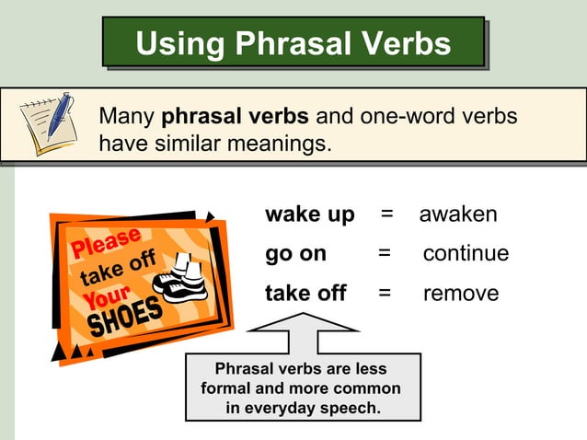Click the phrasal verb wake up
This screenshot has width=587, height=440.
pyautogui.click(x=309, y=214)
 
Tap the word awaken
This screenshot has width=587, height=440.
pyautogui.click(x=458, y=214)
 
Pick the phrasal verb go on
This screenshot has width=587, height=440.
pyautogui.click(x=295, y=254)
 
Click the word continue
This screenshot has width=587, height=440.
pyautogui.click(x=466, y=254)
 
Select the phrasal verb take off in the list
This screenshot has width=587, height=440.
pyautogui.click(x=305, y=294)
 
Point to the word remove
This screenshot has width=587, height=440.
pyautogui.click(x=460, y=294)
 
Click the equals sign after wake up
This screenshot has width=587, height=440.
pyautogui.click(x=387, y=214)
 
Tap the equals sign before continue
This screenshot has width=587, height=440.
pyautogui.click(x=385, y=254)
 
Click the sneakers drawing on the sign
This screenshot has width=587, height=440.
pyautogui.click(x=181, y=277)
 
